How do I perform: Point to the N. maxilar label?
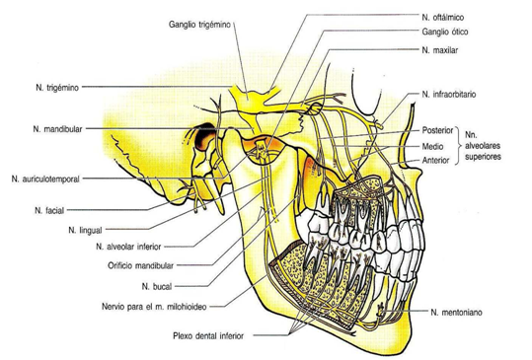coord(443,48)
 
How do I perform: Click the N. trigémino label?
coord(47,86)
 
